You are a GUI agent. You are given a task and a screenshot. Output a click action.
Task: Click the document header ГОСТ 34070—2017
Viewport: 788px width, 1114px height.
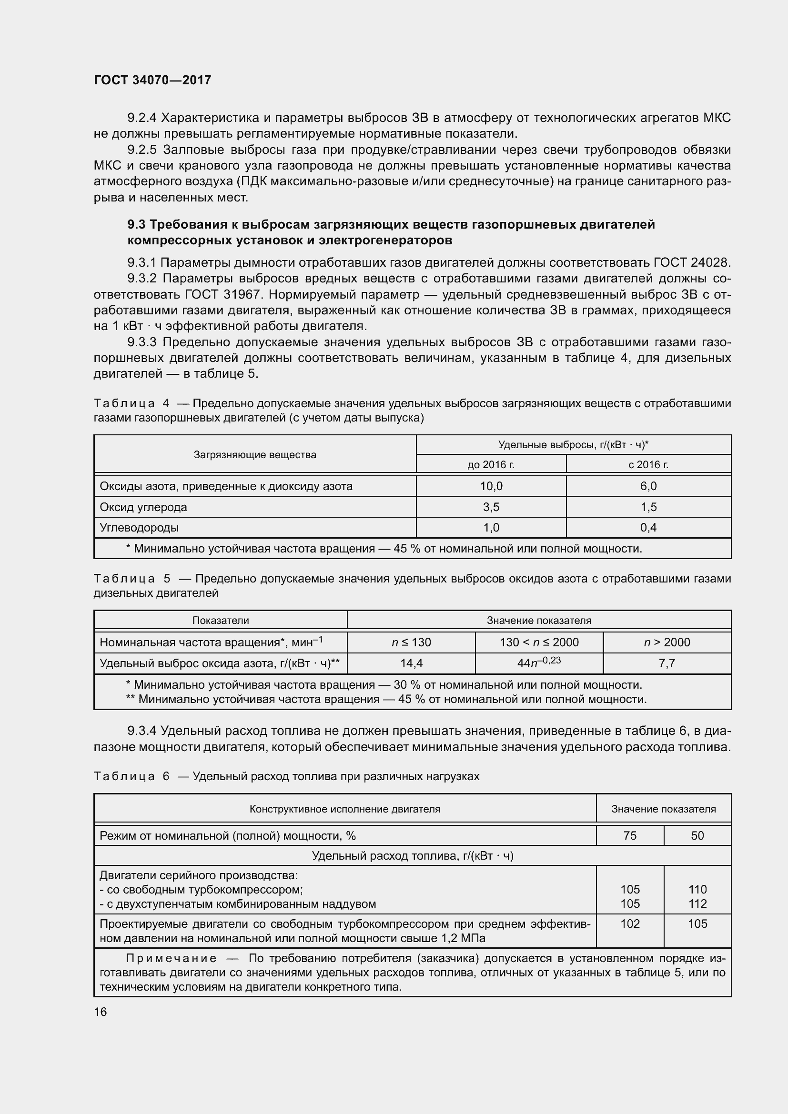point(152,80)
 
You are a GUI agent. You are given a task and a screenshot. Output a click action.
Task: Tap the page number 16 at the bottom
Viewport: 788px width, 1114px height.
point(101,1012)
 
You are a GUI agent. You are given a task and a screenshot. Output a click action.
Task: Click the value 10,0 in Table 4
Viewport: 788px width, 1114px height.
point(491,486)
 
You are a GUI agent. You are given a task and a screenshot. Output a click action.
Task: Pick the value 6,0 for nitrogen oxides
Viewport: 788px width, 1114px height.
point(648,486)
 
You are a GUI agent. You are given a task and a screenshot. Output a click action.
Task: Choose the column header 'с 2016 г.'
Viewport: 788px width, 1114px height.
point(648,464)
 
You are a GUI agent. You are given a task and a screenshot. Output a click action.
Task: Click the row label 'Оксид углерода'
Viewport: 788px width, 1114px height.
point(143,507)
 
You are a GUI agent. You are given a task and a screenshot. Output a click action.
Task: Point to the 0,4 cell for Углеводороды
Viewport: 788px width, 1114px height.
point(648,527)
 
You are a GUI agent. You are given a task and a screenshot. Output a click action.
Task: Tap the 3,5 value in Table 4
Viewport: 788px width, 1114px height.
point(491,507)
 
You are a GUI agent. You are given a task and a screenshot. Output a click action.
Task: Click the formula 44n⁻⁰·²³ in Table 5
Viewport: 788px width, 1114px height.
point(539,663)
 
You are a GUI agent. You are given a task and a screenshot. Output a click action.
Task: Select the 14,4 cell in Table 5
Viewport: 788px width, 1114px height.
point(411,663)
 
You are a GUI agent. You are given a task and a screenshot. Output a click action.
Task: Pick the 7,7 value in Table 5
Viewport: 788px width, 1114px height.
point(667,663)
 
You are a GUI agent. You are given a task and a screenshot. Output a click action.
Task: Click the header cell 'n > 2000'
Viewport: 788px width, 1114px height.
point(667,642)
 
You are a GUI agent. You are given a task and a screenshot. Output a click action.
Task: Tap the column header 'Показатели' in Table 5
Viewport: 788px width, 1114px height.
point(221,621)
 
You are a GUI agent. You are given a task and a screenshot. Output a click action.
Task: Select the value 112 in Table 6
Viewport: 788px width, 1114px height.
point(697,903)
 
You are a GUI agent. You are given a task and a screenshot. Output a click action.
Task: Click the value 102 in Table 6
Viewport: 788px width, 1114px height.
point(630,924)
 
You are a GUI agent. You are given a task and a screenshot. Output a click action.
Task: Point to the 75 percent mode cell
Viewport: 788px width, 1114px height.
point(630,835)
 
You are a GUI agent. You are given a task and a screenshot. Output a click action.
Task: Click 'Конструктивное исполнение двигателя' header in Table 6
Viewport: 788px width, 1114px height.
point(344,809)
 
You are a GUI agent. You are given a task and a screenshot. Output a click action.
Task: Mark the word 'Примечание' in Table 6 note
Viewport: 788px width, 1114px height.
point(171,958)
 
